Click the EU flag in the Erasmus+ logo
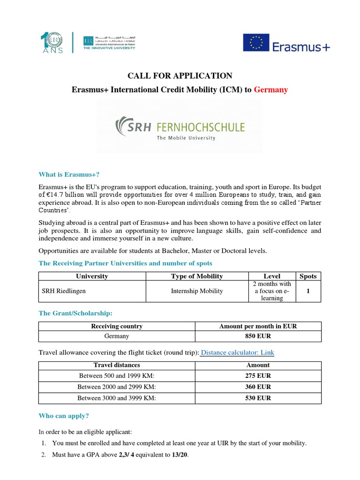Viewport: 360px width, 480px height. pos(256,43)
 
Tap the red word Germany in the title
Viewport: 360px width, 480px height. pos(271,90)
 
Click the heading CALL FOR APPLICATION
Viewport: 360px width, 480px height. pos(180,75)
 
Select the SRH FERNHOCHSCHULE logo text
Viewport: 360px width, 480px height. pos(180,127)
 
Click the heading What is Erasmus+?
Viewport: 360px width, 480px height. pos(69,174)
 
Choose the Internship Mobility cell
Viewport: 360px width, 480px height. pos(197,291)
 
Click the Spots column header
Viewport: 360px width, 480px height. pos(308,276)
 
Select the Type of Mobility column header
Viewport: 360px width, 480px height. pos(197,276)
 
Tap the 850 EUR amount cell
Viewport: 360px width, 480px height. pos(258,336)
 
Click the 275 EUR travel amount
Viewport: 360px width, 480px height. pos(258,376)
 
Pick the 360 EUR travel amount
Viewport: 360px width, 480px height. pos(258,387)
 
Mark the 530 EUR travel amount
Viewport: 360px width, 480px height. pos(258,398)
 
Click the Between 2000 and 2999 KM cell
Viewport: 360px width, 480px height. pos(117,387)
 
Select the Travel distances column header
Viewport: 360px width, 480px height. pos(117,365)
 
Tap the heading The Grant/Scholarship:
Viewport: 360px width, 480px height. pos(75,313)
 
